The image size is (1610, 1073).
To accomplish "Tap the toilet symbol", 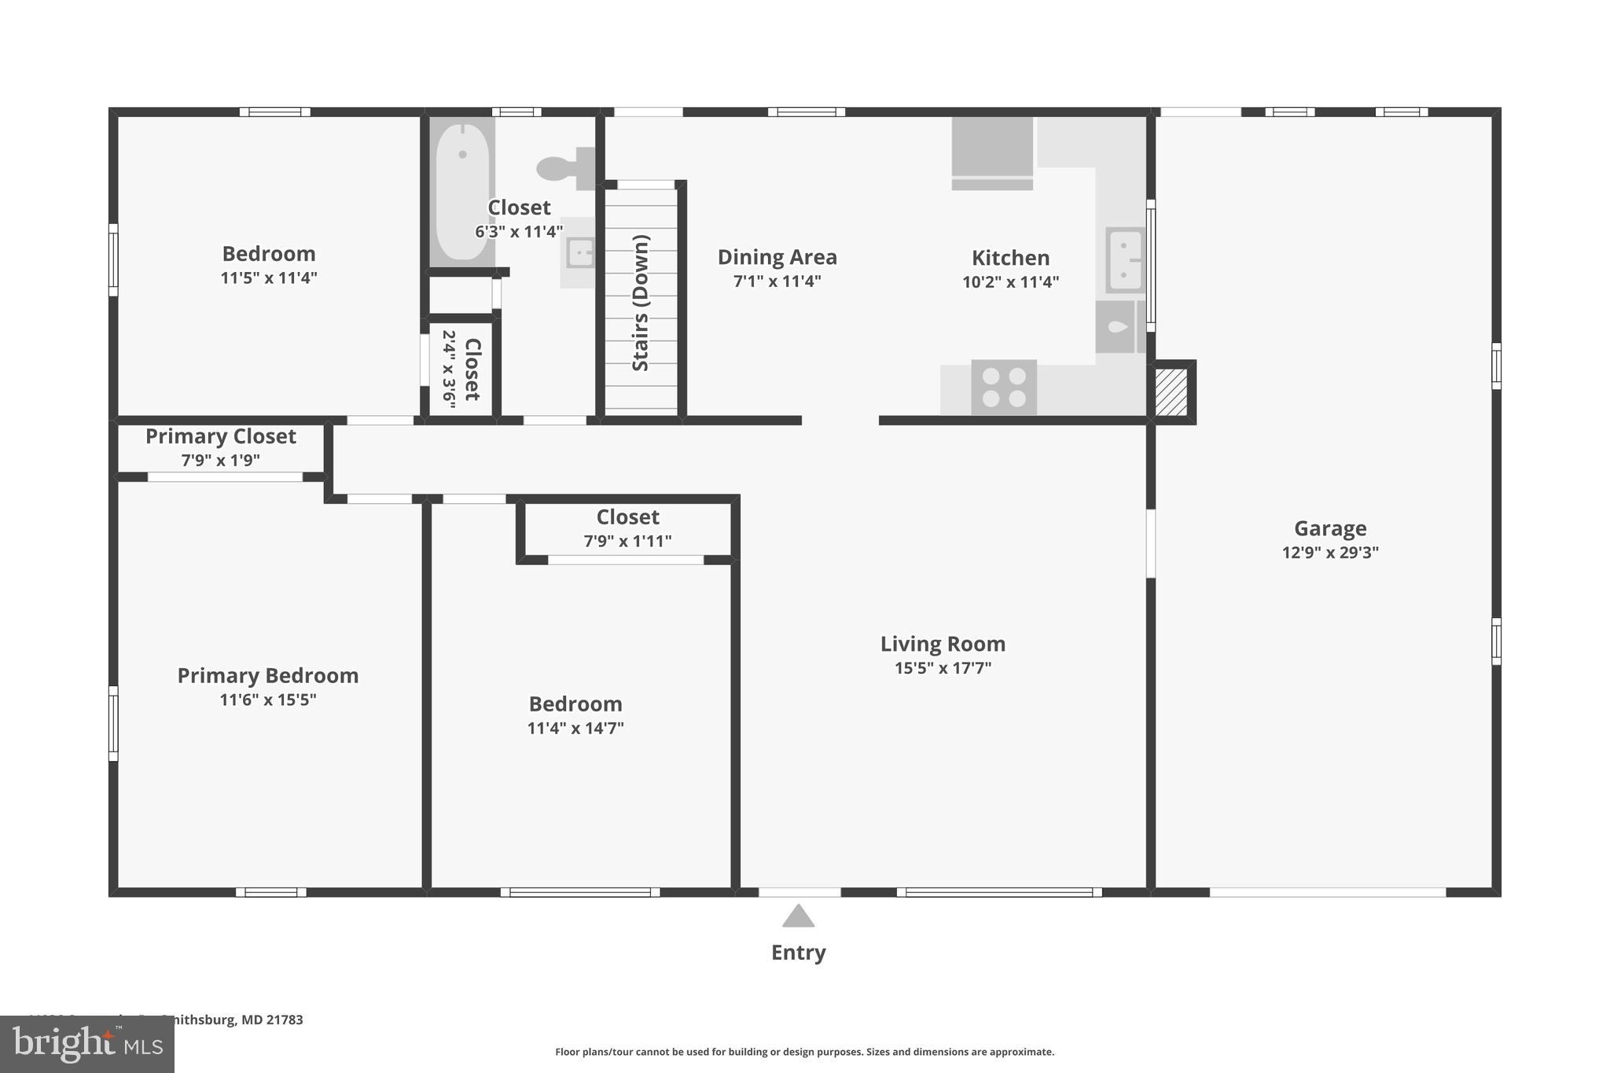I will point(564,167).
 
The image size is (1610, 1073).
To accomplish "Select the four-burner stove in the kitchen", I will point(1004,387).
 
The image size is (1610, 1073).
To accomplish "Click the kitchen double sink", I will point(1125,260).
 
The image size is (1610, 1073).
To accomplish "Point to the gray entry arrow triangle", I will point(798,917).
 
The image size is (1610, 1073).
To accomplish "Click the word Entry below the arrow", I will point(798,953).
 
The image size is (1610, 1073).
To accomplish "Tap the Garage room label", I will point(1330,528).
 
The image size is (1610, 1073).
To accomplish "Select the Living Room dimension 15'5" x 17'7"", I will point(943,668).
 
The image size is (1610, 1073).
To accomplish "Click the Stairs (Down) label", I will point(641,303).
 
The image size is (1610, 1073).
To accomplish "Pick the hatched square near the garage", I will point(1171,391).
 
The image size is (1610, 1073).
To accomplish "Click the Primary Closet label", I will point(221,436).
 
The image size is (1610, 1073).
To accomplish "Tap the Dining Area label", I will point(777,257).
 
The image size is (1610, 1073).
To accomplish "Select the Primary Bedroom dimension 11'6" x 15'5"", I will point(267,700).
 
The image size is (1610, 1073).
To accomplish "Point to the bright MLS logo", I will point(86,1044).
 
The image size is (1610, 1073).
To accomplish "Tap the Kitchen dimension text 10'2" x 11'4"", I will point(1010,282).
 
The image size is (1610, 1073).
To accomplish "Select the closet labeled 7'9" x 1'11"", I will point(627,528).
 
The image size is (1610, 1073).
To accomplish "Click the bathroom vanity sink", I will point(580,253).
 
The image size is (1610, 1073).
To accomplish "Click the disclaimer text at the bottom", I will point(804,1052).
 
